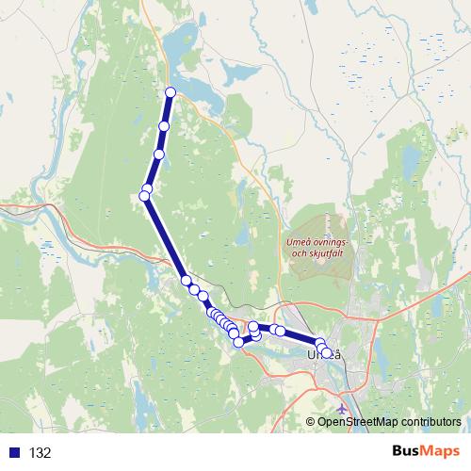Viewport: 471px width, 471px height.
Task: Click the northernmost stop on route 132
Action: pyautogui.click(x=171, y=91)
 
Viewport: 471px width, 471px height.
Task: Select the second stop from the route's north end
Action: pyautogui.click(x=165, y=126)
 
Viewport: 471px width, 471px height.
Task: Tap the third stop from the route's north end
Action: pyautogui.click(x=159, y=154)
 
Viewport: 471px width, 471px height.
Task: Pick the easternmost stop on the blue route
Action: pyautogui.click(x=327, y=353)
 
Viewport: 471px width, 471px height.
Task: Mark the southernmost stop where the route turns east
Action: pyautogui.click(x=238, y=342)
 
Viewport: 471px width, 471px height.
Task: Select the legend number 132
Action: pyautogui.click(x=40, y=453)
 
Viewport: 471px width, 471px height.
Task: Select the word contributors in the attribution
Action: pyautogui.click(x=429, y=422)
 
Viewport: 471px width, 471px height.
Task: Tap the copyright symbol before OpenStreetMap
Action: pyautogui.click(x=312, y=422)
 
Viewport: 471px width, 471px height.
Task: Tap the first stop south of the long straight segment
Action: pyautogui.click(x=187, y=280)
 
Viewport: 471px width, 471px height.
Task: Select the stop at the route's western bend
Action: pyautogui.click(x=145, y=195)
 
